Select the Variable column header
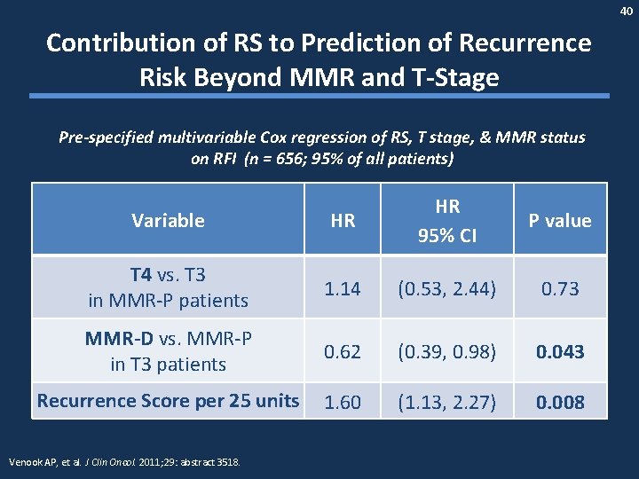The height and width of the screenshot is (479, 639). [x=168, y=220]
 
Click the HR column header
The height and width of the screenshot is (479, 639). [x=343, y=220]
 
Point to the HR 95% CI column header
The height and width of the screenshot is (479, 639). [x=447, y=220]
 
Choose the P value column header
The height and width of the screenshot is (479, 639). [x=560, y=220]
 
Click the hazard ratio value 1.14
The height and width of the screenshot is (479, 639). [x=343, y=287]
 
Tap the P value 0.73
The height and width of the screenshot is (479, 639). [x=560, y=287]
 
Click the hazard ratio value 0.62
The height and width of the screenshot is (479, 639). [x=343, y=351]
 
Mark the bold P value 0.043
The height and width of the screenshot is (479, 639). [x=560, y=351]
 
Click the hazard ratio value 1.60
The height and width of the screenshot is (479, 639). [x=343, y=402]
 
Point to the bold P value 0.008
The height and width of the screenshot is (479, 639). [x=560, y=402]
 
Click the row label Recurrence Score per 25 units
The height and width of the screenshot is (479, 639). [x=168, y=401]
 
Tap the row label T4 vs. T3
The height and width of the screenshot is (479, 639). [x=168, y=275]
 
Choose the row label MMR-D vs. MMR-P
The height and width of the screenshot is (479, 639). [x=168, y=339]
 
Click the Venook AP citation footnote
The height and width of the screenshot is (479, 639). [x=124, y=462]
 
